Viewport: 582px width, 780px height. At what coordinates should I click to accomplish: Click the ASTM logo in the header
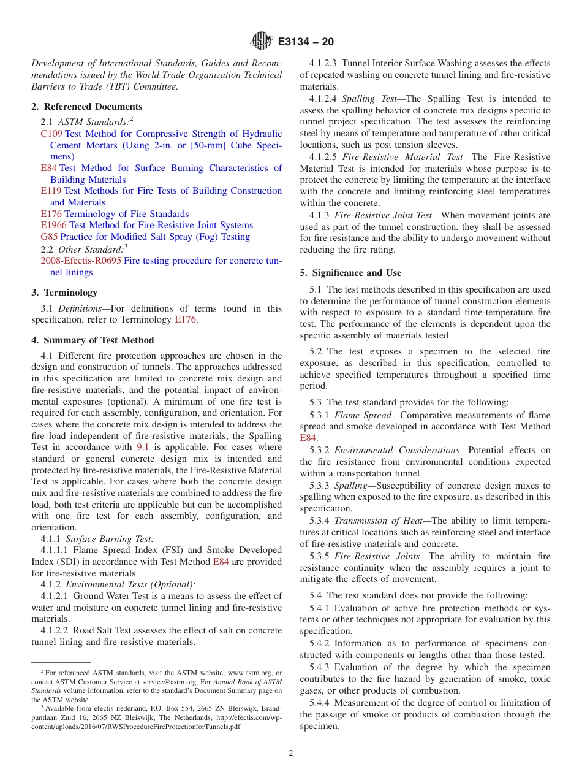(262, 42)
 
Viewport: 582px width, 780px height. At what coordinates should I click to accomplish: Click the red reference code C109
(51, 134)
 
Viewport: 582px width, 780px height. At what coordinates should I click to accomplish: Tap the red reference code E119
(51, 191)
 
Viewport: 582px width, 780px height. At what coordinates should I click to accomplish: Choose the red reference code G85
(48, 237)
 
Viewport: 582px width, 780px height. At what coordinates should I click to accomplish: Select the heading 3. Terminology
(64, 292)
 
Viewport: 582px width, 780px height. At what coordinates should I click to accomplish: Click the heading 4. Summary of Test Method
(93, 340)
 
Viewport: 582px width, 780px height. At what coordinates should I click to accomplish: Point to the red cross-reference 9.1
(143, 447)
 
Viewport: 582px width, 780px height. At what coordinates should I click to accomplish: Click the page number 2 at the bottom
(291, 754)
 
